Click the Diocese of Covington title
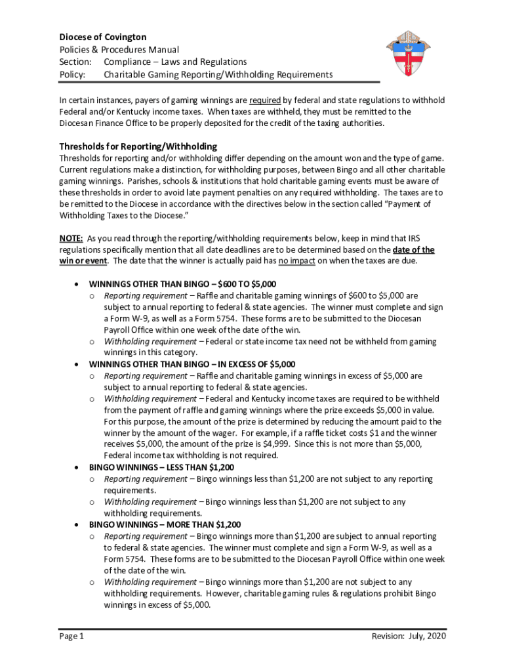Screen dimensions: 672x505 (103, 37)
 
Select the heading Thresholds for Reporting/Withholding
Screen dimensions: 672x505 (138, 146)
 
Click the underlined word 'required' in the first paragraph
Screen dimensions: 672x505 (265, 100)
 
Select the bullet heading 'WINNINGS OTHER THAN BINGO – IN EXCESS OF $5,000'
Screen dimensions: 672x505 (192, 364)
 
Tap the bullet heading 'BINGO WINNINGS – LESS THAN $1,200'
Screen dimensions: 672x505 (161, 467)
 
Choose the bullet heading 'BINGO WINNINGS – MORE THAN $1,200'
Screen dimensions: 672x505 (165, 524)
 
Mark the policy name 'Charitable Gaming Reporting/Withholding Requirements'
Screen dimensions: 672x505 (218, 74)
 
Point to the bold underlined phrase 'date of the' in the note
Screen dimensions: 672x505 (413, 249)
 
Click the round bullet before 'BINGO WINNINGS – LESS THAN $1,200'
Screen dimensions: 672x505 (78, 467)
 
